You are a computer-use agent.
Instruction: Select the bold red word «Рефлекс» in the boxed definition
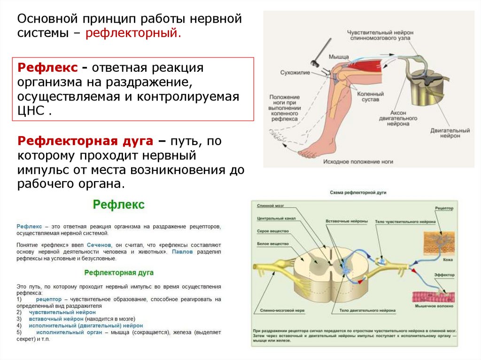tap(47, 67)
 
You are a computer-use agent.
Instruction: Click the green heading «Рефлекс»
tap(118, 205)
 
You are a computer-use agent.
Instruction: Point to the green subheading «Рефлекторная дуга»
tap(119, 272)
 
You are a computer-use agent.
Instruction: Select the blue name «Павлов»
tap(182, 252)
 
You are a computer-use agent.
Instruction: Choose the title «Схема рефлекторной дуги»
tap(358, 193)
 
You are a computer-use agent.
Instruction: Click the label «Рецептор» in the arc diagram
tap(444, 207)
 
